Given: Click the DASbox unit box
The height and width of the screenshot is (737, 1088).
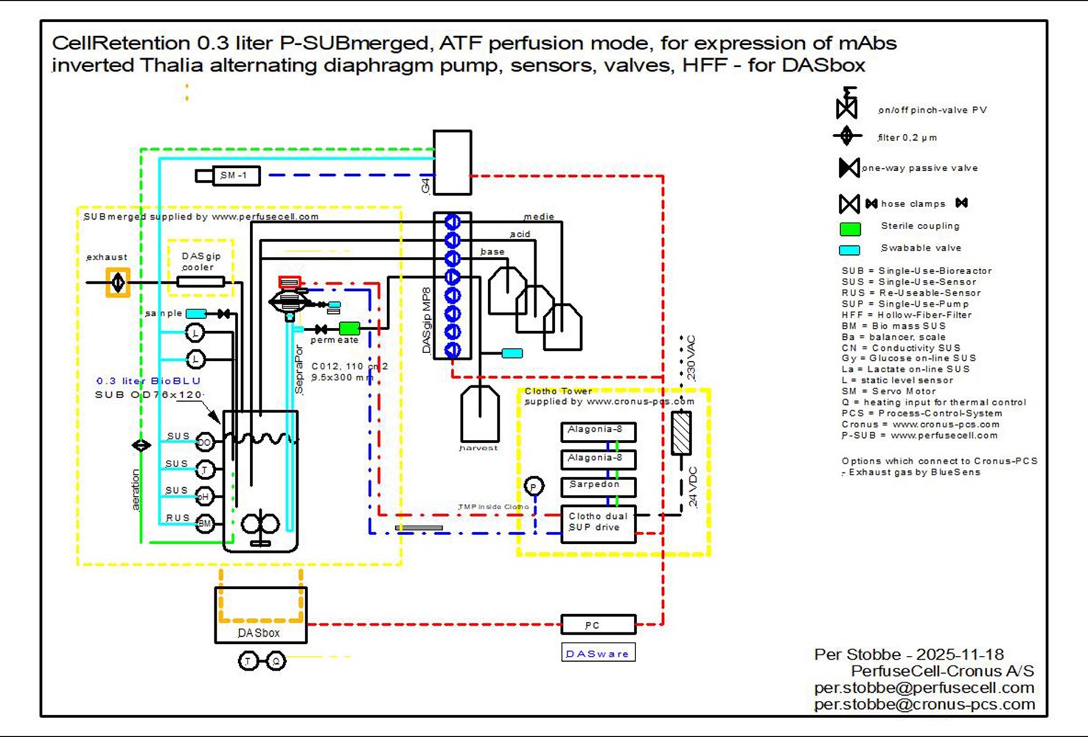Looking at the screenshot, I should coord(260,615).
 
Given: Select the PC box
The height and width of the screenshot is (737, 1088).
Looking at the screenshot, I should coord(598,625).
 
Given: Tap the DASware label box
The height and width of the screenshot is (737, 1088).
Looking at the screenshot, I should coord(598,653).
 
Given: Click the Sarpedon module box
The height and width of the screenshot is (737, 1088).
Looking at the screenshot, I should coord(598,486).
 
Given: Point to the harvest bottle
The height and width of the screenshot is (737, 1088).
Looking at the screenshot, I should coord(479,414).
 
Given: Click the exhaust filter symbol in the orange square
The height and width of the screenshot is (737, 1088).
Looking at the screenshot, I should coord(118,282).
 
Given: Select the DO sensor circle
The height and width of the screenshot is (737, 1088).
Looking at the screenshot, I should coord(205,442).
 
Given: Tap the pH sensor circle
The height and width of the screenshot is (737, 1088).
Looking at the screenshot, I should coord(205,496).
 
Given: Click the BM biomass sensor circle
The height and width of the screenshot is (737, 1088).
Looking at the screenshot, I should coord(205,523).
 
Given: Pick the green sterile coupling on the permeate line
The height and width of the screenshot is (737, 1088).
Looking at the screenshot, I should coord(349,328).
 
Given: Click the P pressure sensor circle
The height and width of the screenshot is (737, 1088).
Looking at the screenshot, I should coord(534,486).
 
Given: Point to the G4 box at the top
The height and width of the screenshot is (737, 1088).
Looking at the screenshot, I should coord(452,163).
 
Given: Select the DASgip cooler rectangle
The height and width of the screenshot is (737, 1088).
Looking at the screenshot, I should coord(200,282).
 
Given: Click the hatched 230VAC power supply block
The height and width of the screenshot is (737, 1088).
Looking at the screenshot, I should coord(681,433).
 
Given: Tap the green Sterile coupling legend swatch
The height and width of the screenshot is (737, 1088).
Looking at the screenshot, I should coord(850,228).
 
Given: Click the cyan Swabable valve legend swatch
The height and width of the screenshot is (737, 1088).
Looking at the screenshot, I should coord(850,250).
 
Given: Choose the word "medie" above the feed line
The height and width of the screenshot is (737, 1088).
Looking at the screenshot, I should coord(539,217).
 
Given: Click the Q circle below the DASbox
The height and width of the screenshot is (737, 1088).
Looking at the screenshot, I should coord(276,661).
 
